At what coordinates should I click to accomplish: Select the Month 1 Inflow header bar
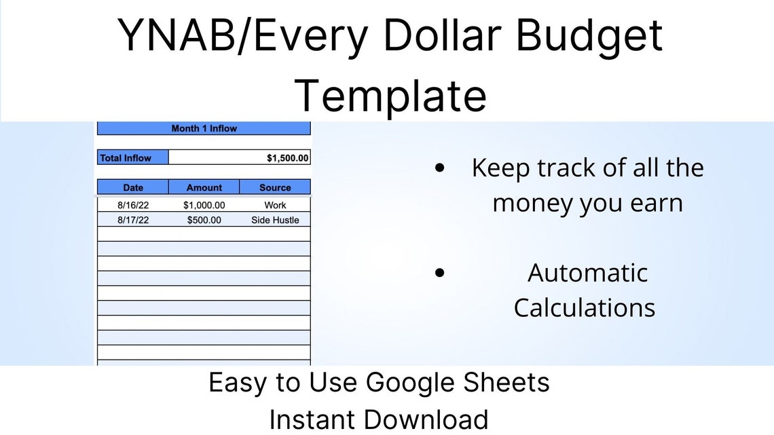(204, 128)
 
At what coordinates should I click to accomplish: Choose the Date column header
(133, 187)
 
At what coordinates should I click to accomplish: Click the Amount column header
(204, 187)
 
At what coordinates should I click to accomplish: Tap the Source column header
(275, 187)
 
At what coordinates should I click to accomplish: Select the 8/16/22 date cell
(133, 205)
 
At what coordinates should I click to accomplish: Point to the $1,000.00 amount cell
(204, 205)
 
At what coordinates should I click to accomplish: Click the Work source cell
(275, 205)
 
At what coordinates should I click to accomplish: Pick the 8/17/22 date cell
(133, 220)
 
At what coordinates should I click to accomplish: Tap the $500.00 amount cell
(204, 220)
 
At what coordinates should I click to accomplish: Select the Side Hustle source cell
(275, 220)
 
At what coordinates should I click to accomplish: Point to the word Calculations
(584, 307)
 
